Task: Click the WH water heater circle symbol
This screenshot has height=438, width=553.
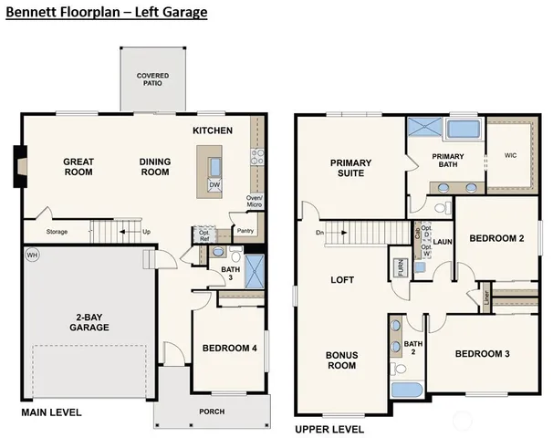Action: tap(33, 255)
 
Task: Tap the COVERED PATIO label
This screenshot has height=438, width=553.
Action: tap(153, 80)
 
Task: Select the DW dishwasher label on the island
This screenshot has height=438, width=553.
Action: tap(214, 185)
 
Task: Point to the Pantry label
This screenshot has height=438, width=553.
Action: tap(245, 231)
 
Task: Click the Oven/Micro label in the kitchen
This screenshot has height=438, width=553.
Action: tap(255, 203)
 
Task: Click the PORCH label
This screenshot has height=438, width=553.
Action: tap(212, 411)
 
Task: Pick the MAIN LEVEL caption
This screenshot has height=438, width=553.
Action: tap(51, 412)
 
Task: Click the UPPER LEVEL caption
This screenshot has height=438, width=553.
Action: tap(328, 429)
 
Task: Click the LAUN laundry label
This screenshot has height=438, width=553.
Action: tap(443, 242)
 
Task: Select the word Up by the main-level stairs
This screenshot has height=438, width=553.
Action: tap(146, 232)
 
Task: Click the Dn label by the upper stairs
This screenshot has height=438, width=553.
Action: tap(318, 232)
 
